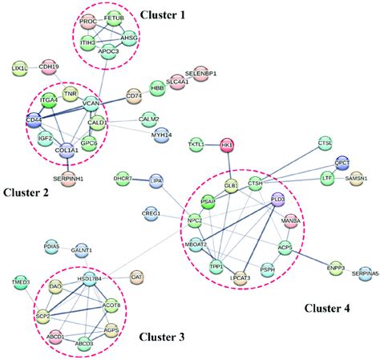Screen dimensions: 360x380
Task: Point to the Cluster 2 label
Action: [27, 192]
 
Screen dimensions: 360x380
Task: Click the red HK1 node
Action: [228, 144]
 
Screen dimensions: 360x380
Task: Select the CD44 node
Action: [34, 122]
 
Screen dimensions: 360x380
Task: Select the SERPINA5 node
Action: [366, 273]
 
